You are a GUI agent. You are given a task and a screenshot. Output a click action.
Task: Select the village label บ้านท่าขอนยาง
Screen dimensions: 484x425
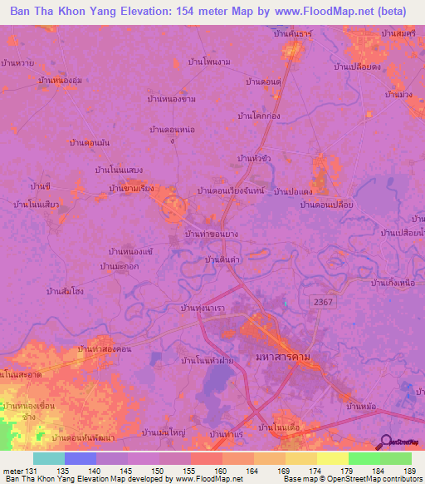(212, 234)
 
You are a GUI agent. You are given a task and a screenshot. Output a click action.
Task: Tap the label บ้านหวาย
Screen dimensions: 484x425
(17, 62)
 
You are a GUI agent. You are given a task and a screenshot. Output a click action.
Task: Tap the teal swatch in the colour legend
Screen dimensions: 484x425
(48, 458)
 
